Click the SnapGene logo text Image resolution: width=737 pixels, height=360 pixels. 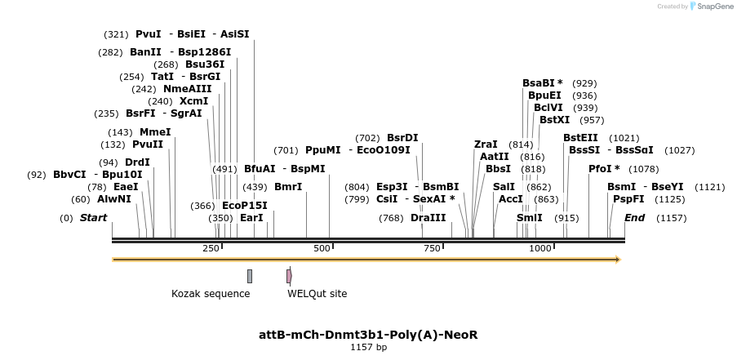coord(713,7)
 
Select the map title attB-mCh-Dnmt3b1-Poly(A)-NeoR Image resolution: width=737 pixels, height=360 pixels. coord(367,335)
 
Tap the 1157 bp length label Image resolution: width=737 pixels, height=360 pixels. coord(368,348)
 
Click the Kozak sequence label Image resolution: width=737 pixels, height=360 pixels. coord(211,294)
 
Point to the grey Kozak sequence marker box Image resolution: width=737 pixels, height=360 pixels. coord(250,276)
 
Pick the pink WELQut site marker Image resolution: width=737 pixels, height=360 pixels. coord(289,276)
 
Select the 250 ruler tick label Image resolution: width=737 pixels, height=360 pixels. coord(211,248)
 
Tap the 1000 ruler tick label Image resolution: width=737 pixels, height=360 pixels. coord(539,248)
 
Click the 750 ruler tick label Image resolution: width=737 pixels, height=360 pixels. coord(433,248)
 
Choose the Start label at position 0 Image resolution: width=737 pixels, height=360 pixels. coord(93,218)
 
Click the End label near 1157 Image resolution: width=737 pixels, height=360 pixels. coord(634,218)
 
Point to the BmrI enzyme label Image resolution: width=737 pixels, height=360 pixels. coord(288,187)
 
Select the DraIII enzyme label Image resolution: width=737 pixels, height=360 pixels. coord(428,218)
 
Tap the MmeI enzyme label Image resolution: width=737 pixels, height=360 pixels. coord(155,132)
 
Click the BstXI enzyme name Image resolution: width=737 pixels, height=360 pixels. coord(554,120)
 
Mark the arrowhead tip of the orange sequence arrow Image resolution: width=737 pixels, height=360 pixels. coord(619,260)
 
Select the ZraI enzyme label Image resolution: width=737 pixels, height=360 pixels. coord(486,144)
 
